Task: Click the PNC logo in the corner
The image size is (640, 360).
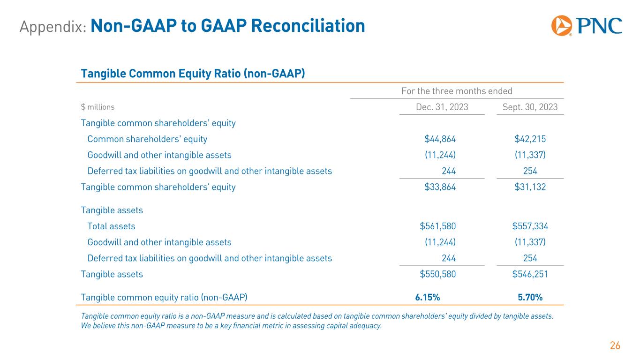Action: click(x=587, y=26)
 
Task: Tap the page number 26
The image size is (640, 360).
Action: click(x=615, y=346)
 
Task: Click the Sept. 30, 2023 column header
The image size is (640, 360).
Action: click(x=530, y=107)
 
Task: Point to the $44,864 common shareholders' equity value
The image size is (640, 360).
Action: click(x=440, y=139)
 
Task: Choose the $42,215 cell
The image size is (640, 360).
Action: click(x=530, y=139)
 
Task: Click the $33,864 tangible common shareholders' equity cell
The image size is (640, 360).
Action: click(x=440, y=187)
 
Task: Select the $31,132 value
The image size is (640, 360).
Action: click(x=530, y=187)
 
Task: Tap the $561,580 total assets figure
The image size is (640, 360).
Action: click(x=438, y=226)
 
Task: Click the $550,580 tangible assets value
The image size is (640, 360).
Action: click(x=438, y=274)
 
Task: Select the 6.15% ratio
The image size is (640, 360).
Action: click(x=427, y=297)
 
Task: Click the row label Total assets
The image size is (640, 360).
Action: click(x=111, y=226)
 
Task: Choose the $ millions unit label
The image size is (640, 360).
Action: click(x=98, y=107)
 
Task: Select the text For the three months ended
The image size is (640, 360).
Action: click(x=457, y=91)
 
